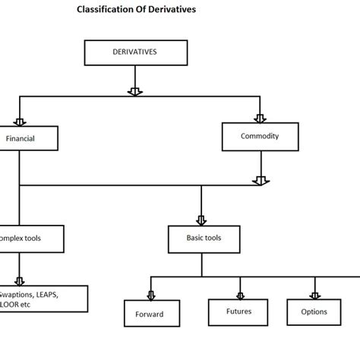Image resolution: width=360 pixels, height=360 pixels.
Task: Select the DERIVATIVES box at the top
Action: (134, 53)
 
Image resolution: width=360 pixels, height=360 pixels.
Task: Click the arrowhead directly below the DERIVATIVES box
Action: (134, 91)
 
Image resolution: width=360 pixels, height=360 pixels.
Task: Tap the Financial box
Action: (21, 138)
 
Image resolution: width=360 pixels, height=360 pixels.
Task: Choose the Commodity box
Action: (260, 136)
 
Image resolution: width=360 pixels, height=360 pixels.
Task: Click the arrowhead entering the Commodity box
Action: (260, 118)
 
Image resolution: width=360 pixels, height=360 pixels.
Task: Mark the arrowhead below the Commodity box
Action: (260, 181)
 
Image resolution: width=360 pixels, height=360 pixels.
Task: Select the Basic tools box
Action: (201, 238)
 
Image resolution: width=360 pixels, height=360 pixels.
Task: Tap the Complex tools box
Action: (21, 238)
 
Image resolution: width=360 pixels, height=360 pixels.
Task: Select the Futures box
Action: (239, 311)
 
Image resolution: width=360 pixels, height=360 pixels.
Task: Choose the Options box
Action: (314, 311)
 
